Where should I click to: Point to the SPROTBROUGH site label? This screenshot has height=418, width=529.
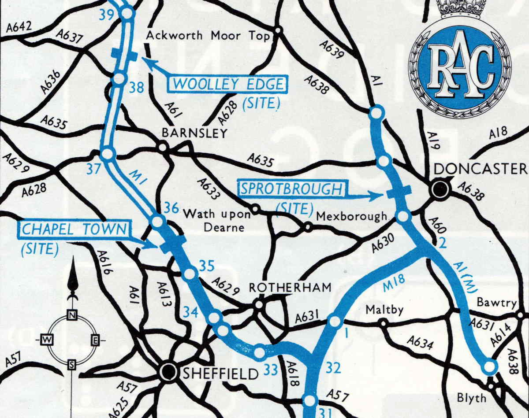(292, 189)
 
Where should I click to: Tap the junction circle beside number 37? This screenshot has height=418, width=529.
(108, 155)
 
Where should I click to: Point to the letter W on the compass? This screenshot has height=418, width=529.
(46, 340)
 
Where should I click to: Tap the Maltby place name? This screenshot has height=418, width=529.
(384, 310)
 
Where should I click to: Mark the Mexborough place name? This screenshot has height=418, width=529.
(352, 216)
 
